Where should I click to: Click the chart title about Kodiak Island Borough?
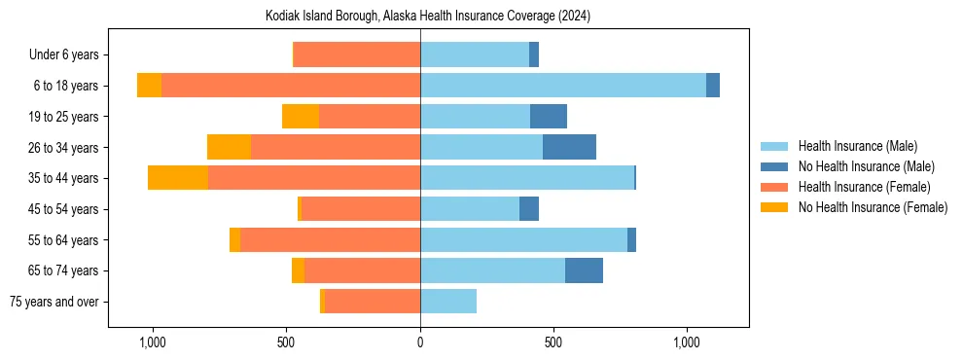(x=428, y=17)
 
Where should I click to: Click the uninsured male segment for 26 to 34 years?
(x=569, y=147)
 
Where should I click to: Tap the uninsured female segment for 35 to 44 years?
(x=178, y=178)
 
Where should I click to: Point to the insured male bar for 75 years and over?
(x=448, y=302)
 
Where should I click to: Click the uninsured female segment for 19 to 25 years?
(x=301, y=117)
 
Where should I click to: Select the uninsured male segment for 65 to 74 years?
(x=584, y=270)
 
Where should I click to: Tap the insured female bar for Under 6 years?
(x=356, y=54)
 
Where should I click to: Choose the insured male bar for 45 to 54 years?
(x=470, y=209)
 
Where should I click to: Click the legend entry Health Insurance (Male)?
(x=857, y=146)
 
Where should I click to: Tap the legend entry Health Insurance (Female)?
(x=863, y=187)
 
